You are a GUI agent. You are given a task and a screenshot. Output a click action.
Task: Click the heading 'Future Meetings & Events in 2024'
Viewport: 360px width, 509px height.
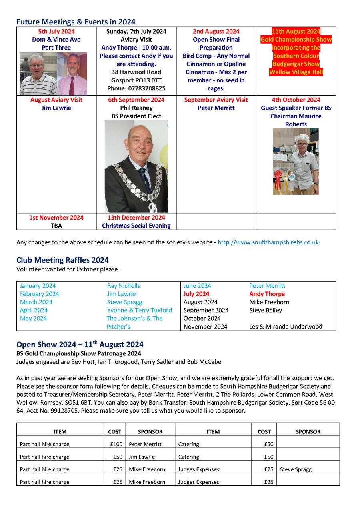click(x=76, y=22)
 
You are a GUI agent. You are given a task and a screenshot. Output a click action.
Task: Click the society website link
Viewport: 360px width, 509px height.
click(x=268, y=242)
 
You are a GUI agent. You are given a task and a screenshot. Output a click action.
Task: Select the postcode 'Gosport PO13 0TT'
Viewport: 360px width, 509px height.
click(x=136, y=80)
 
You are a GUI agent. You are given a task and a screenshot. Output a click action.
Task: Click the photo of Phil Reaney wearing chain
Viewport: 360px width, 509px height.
click(x=136, y=166)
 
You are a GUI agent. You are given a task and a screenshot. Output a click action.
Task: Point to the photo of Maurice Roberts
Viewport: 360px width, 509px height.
click(x=296, y=161)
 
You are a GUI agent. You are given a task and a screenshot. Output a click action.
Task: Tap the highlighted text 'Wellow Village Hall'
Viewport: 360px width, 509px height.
click(x=296, y=72)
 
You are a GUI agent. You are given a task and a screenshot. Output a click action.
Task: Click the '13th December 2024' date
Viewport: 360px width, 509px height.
click(x=136, y=218)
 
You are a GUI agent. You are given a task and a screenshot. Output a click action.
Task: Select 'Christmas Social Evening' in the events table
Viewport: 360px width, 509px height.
click(x=136, y=226)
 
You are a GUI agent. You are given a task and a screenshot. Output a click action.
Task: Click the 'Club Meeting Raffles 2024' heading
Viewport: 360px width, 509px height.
click(x=62, y=260)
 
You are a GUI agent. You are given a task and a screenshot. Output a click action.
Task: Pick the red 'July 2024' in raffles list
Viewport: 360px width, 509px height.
click(x=196, y=294)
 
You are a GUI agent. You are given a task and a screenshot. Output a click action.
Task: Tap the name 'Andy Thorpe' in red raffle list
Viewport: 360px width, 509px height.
click(x=267, y=294)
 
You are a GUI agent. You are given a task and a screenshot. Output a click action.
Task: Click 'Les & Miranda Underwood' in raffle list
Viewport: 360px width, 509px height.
click(x=286, y=327)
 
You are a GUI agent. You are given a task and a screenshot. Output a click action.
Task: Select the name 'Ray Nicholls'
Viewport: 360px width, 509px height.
click(x=124, y=286)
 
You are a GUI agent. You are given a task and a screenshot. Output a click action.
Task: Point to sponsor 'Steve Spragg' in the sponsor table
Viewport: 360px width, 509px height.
click(x=296, y=469)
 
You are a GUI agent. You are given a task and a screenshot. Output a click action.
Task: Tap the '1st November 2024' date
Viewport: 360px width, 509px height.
click(x=56, y=218)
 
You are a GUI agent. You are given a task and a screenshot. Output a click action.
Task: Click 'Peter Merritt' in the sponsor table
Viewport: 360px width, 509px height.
click(x=145, y=444)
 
